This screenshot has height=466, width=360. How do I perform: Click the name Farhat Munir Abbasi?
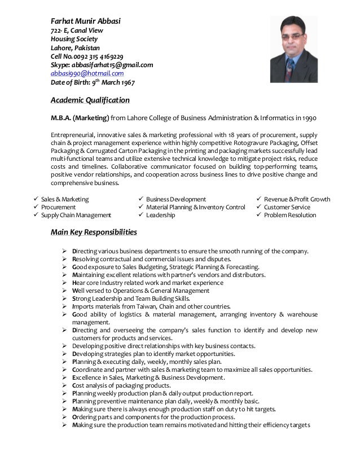point(86,21)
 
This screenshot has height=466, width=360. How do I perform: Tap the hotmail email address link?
point(87,73)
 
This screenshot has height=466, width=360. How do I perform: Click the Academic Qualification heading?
point(90,100)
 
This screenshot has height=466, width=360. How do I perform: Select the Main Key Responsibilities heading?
point(94,232)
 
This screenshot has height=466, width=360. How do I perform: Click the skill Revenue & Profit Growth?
point(297,199)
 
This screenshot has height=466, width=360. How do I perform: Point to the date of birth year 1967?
point(126,82)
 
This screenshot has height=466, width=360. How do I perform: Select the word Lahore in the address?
point(62,48)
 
